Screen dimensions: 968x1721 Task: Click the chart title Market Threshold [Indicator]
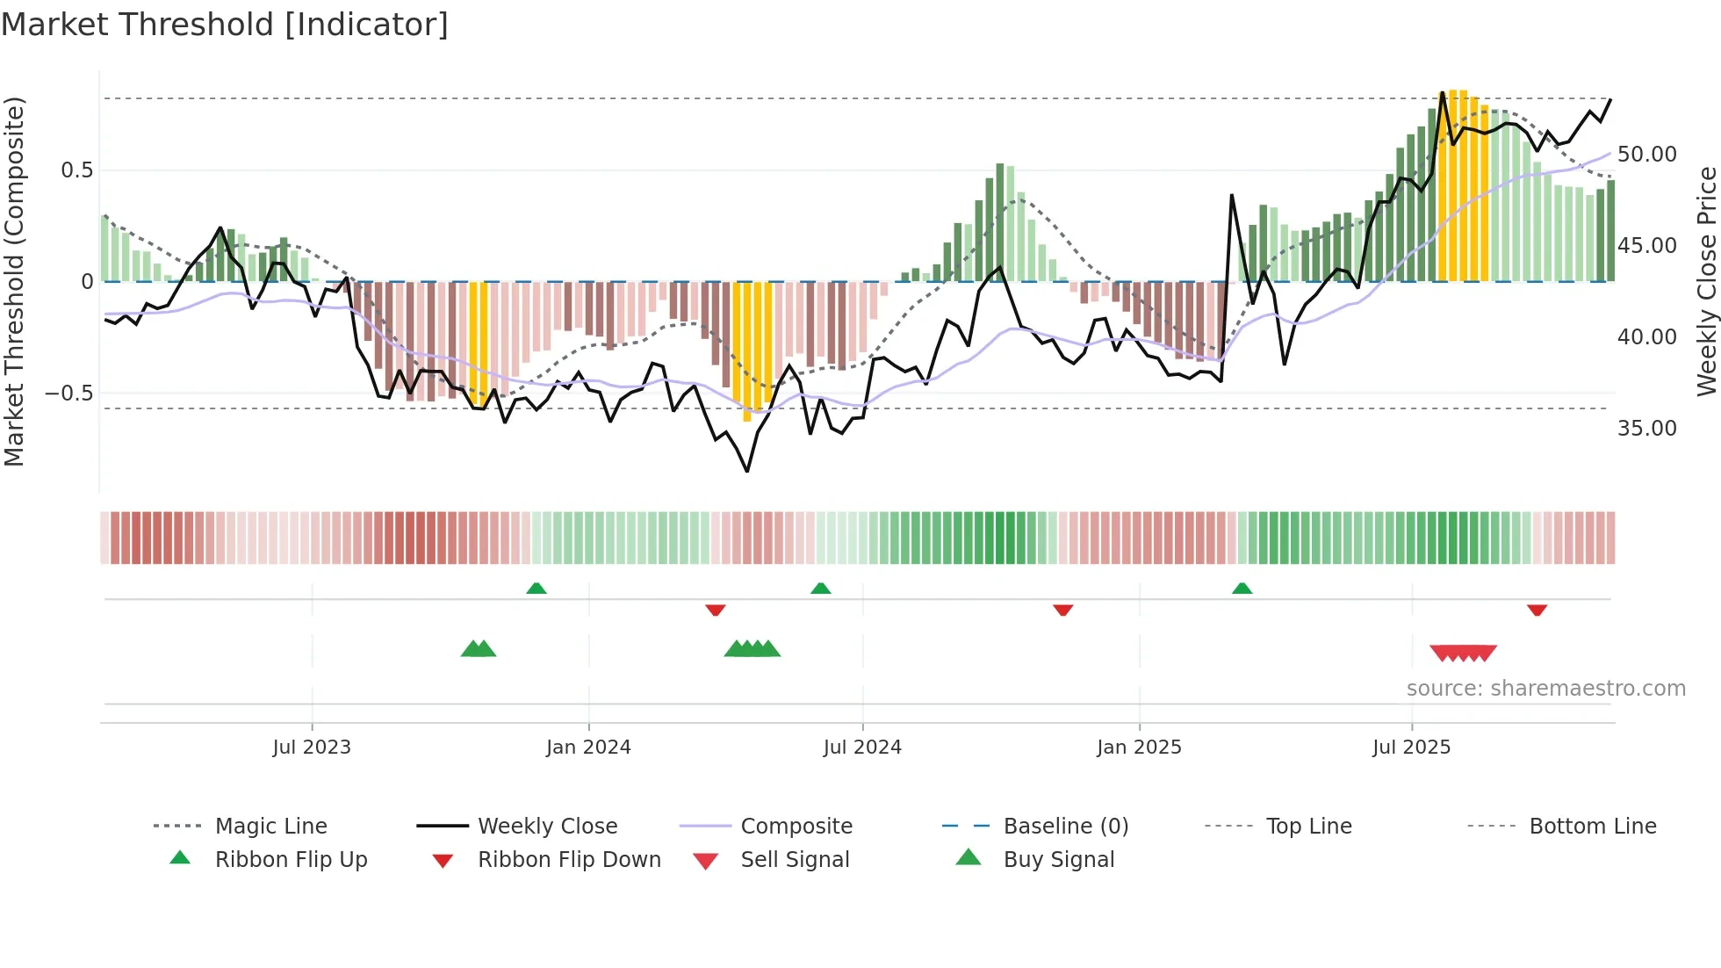[225, 25]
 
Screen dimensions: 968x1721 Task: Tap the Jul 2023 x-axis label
[311, 748]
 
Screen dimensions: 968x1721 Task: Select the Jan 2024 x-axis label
[588, 748]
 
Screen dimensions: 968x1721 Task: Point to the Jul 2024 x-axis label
[862, 748]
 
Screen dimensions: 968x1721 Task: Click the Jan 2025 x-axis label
[1139, 748]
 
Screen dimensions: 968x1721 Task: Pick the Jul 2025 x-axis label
[1411, 748]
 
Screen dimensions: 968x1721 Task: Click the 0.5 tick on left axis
[76, 170]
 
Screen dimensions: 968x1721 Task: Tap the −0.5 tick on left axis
[69, 394]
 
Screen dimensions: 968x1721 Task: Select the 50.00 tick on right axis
[1646, 155]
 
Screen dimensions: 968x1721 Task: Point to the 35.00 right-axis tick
[1646, 429]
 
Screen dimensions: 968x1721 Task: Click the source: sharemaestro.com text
[1545, 689]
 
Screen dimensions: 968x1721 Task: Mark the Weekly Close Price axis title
[1706, 281]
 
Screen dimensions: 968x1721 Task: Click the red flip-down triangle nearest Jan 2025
[1063, 609]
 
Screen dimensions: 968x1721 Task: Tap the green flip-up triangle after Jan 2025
[1242, 589]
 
